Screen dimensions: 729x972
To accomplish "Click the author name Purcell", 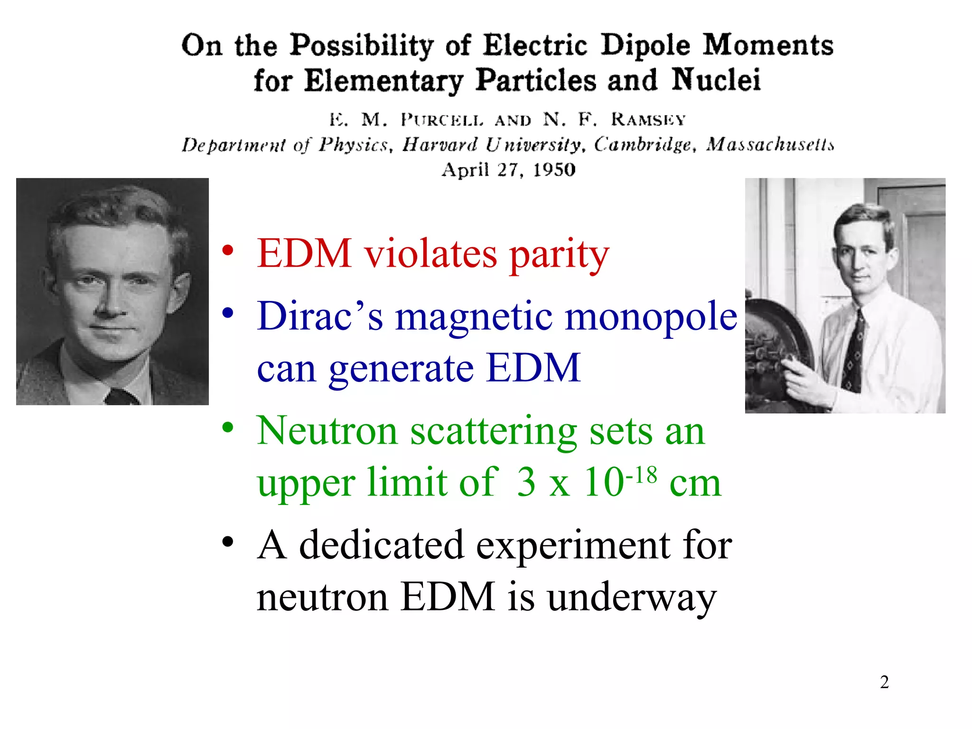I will (x=442, y=120).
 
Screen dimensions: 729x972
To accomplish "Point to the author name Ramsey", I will (x=648, y=119).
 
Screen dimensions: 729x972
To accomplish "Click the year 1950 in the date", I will (x=554, y=169).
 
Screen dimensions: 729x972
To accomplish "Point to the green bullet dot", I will (x=228, y=428).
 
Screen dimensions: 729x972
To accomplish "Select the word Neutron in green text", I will (x=327, y=431).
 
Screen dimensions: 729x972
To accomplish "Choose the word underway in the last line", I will (x=631, y=597).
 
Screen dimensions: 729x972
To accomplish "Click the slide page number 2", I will (x=884, y=682).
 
